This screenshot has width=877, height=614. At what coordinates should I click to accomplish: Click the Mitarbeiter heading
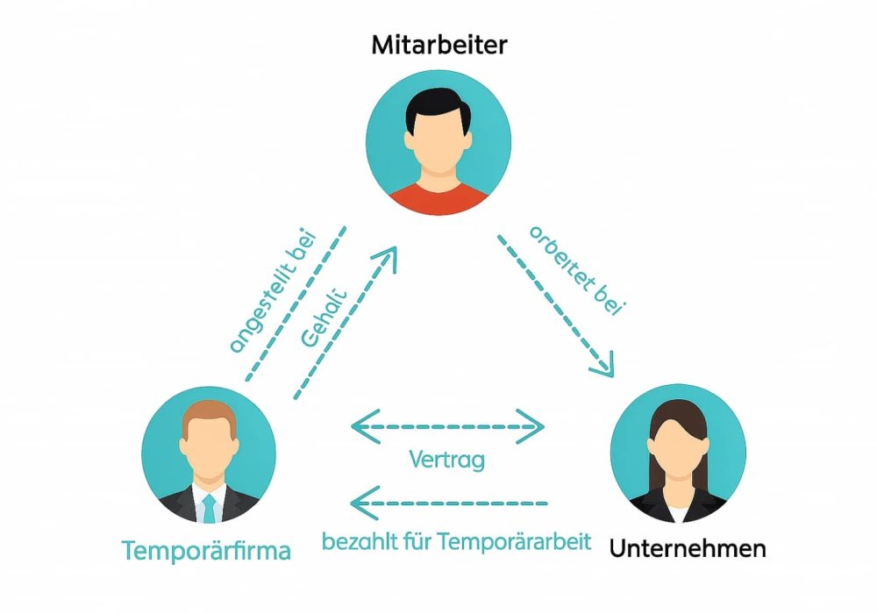point(438,45)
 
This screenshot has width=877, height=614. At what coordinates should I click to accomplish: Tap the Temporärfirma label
point(206,551)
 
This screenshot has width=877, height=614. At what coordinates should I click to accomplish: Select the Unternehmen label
point(688,549)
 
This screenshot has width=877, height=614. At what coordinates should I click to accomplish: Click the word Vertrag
point(446,460)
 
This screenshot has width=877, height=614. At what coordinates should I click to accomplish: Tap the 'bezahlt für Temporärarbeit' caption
point(456,541)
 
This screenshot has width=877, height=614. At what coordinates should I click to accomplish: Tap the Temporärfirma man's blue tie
point(209,508)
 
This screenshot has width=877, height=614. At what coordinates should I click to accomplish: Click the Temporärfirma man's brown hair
point(209,413)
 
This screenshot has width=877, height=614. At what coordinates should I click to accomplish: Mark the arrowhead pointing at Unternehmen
point(602,367)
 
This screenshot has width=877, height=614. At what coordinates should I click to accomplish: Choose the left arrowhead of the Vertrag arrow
point(358,428)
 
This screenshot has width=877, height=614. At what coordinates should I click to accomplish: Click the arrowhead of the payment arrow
point(358,503)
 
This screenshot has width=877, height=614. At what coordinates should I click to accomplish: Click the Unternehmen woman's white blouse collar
point(678,511)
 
